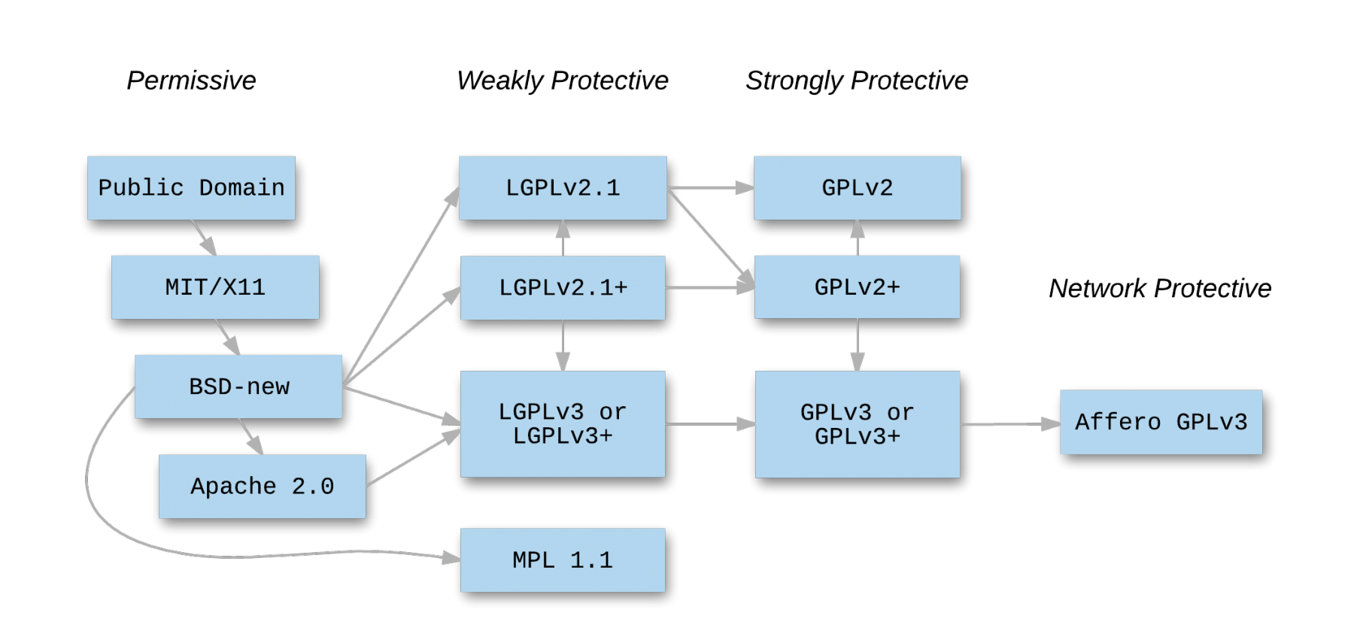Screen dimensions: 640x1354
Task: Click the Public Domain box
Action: [191, 188]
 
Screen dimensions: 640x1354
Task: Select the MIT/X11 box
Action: [215, 287]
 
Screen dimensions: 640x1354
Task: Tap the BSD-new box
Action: [238, 387]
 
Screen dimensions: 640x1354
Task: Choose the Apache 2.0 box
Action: [262, 487]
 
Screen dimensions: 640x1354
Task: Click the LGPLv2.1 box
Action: [563, 188]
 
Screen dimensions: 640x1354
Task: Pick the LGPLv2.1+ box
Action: [563, 287]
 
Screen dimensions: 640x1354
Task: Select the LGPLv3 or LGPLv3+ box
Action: [563, 423]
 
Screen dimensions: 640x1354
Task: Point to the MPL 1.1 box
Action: [563, 560]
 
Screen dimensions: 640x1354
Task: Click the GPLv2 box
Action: [858, 188]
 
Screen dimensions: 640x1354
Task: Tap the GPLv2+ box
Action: [858, 287]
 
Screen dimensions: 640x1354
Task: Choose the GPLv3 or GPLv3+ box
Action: [858, 424]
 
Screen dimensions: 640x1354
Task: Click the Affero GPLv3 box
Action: [1161, 422]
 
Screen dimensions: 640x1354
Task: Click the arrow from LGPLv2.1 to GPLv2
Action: [710, 188]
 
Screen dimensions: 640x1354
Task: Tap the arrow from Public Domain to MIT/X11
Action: [203, 238]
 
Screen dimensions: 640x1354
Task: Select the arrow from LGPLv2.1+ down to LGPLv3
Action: [563, 344]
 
